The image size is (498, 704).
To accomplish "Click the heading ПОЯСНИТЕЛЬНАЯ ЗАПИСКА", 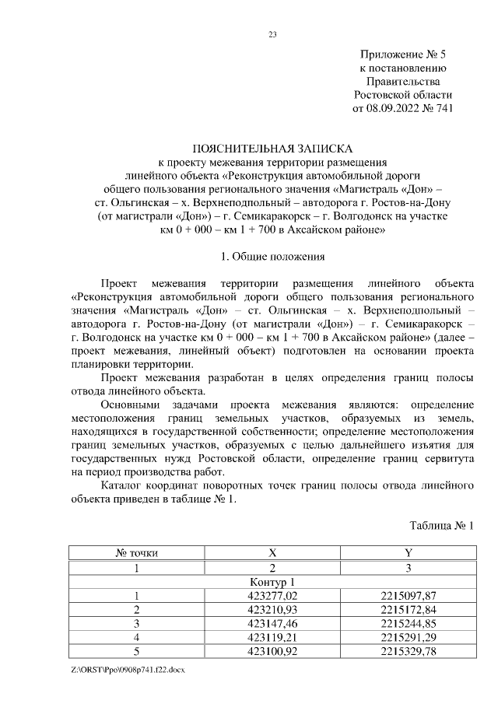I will (272, 148).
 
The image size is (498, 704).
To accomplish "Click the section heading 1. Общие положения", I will (272, 256).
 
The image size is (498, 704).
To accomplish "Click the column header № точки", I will (137, 553).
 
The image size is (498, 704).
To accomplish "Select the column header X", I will (272, 553).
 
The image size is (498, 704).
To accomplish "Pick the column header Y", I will (408, 553).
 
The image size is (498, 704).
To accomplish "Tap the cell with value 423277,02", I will (272, 596).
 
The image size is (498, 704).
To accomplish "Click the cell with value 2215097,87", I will (408, 596).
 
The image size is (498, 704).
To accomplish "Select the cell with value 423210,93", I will (272, 610).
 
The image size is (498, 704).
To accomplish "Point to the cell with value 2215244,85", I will (408, 624).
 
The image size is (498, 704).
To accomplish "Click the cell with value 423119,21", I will (272, 638).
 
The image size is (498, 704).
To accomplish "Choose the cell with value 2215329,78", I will (408, 652).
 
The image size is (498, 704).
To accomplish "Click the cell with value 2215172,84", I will (408, 610).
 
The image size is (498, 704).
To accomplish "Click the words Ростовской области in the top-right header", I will (402, 94).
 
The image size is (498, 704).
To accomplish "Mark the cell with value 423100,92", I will (272, 652).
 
